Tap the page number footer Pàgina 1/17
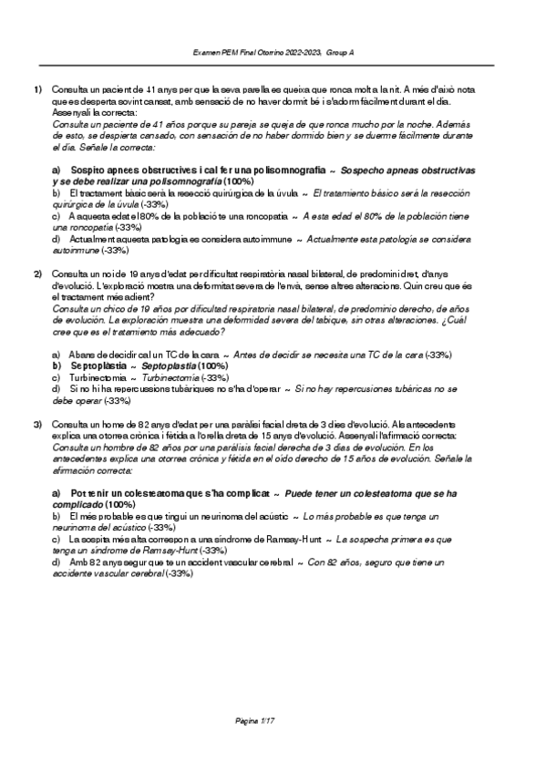point(255,723)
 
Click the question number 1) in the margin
point(38,90)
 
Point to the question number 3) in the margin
point(38,425)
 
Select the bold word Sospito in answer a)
point(89,170)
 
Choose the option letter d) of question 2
point(57,389)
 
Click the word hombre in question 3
point(118,448)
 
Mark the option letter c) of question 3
point(57,539)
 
